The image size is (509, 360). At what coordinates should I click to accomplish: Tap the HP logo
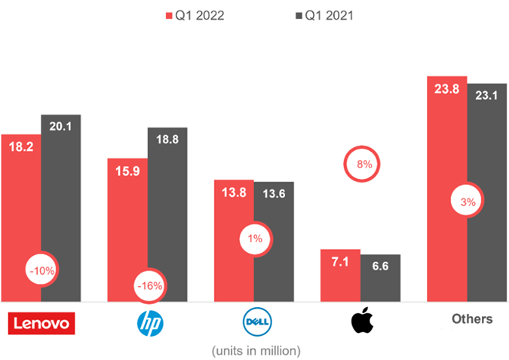point(149,324)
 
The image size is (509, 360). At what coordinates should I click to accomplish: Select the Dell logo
point(256,324)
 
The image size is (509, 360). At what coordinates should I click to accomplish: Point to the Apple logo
point(362,322)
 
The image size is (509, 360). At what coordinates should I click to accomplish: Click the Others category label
point(472,318)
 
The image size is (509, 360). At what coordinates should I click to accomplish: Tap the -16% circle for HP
point(149,286)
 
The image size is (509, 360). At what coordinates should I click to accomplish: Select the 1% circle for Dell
point(255,239)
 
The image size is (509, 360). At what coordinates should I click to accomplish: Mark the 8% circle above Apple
point(362,164)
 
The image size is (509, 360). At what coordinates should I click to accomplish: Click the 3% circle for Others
point(468,202)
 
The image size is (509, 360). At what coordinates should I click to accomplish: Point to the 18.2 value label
point(21,146)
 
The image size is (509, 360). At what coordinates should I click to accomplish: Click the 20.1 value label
point(60,127)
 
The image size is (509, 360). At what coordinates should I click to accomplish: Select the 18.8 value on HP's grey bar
point(167,140)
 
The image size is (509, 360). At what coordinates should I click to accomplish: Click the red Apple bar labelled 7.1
point(340,275)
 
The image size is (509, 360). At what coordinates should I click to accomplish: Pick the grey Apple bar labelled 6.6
point(380,279)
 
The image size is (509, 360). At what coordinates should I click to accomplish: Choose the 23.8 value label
point(446,88)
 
